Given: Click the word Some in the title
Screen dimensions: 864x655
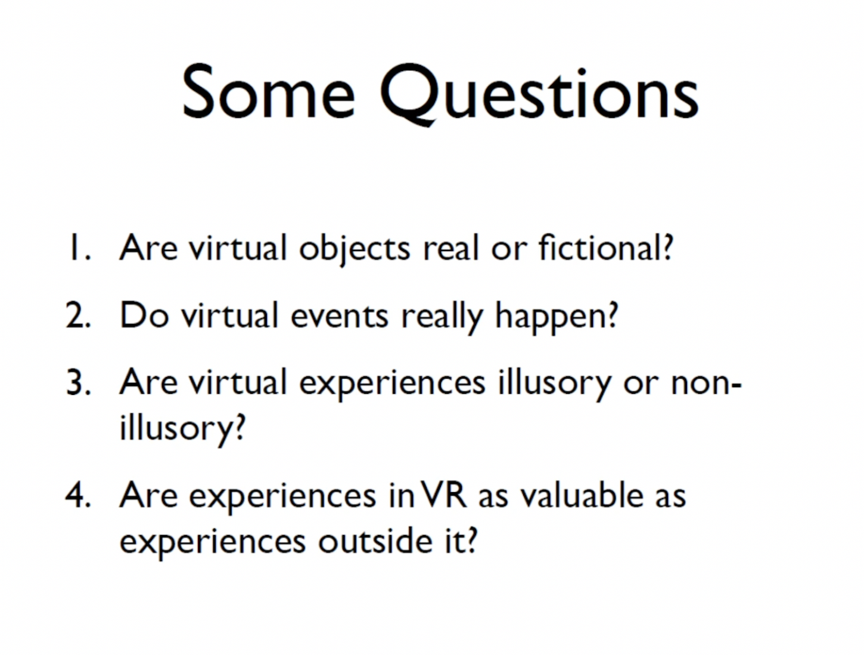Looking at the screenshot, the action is coord(269,91).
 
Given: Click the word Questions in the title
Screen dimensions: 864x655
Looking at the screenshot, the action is coord(539,95).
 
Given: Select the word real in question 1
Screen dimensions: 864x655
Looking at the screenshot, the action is coord(451,247).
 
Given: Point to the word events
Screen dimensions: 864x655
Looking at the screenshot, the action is coord(339,317).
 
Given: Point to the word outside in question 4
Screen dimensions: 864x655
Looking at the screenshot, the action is coord(375,540).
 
